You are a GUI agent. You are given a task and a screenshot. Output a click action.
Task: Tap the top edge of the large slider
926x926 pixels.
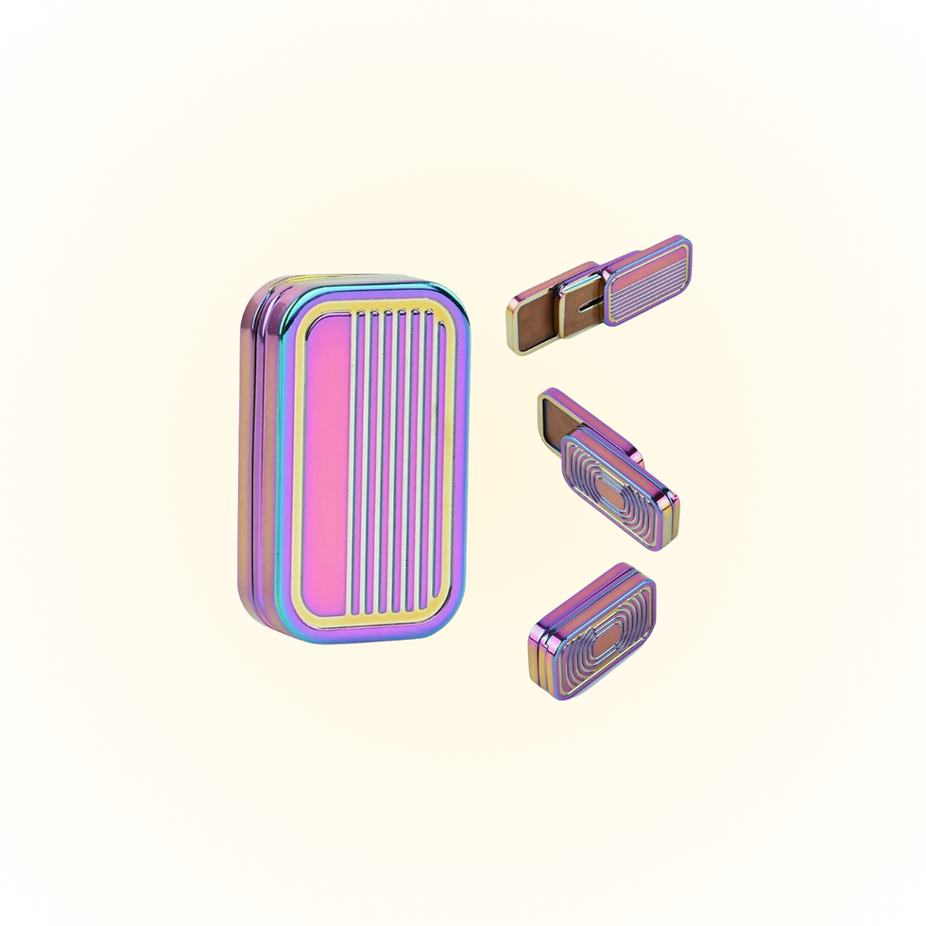359,281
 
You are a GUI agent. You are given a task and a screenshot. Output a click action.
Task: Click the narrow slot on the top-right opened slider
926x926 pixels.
588,304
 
